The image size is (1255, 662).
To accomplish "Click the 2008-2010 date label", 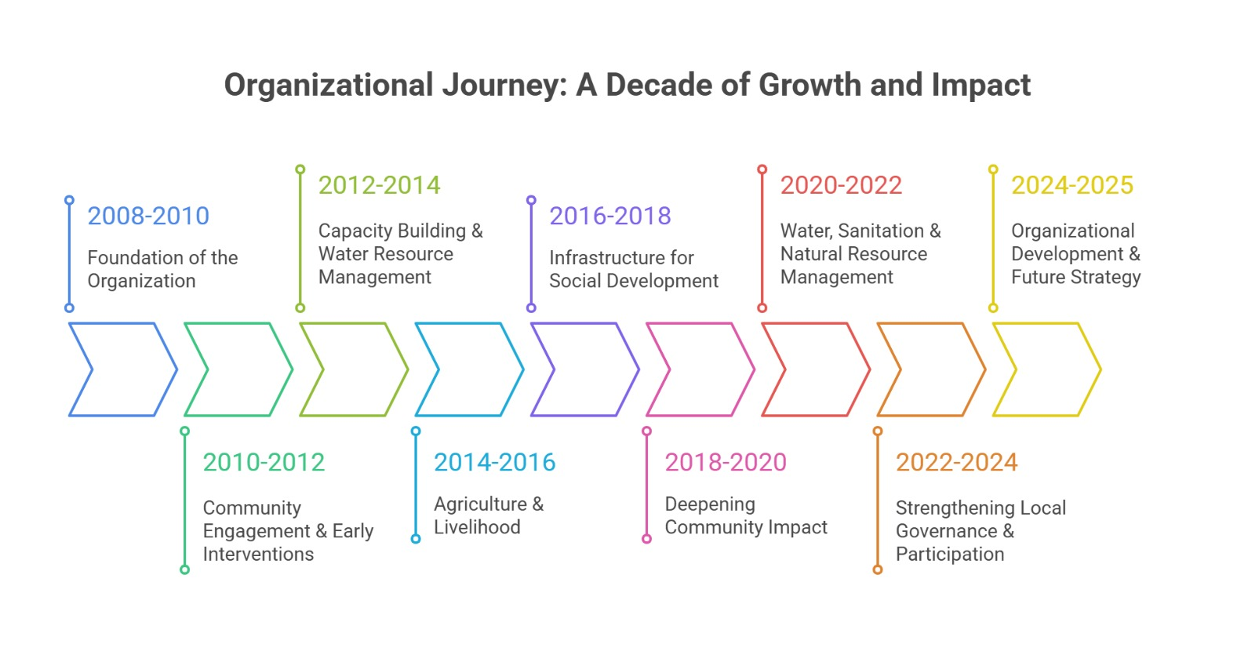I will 148,216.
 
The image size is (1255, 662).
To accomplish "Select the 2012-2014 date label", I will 379,185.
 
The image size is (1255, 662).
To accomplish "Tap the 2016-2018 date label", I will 609,216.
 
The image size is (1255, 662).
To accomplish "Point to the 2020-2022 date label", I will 841,185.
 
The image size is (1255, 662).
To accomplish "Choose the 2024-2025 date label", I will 1071,185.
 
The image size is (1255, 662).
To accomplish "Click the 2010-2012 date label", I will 264,462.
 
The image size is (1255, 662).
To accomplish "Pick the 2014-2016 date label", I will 494,462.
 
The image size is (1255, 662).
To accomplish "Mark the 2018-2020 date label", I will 726,462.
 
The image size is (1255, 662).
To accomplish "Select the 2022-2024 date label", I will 956,462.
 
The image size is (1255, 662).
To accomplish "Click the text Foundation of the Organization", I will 162,269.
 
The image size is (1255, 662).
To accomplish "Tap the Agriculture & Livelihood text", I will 488,515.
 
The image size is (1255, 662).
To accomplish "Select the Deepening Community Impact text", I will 745,515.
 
